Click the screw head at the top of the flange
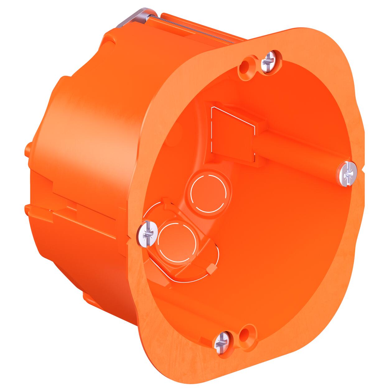268,61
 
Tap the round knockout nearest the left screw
177,242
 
